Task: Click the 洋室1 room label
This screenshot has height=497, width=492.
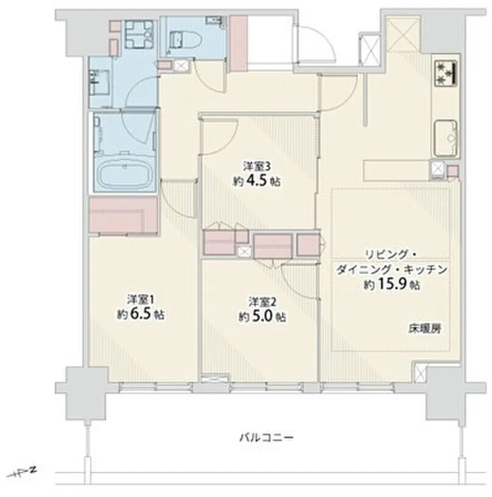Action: [141, 299]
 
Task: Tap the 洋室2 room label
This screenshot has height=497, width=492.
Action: [262, 301]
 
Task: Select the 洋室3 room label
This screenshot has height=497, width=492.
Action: [257, 166]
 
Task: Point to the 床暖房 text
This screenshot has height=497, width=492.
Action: [424, 329]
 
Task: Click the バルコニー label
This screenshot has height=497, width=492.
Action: [266, 438]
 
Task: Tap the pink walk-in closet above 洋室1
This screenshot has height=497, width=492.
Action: [123, 215]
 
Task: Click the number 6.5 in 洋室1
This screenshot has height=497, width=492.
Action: [141, 314]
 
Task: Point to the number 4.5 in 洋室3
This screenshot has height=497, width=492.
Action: [256, 182]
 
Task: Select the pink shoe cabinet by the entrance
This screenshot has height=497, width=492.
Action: [238, 43]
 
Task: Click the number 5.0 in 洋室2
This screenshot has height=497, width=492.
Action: [262, 317]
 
